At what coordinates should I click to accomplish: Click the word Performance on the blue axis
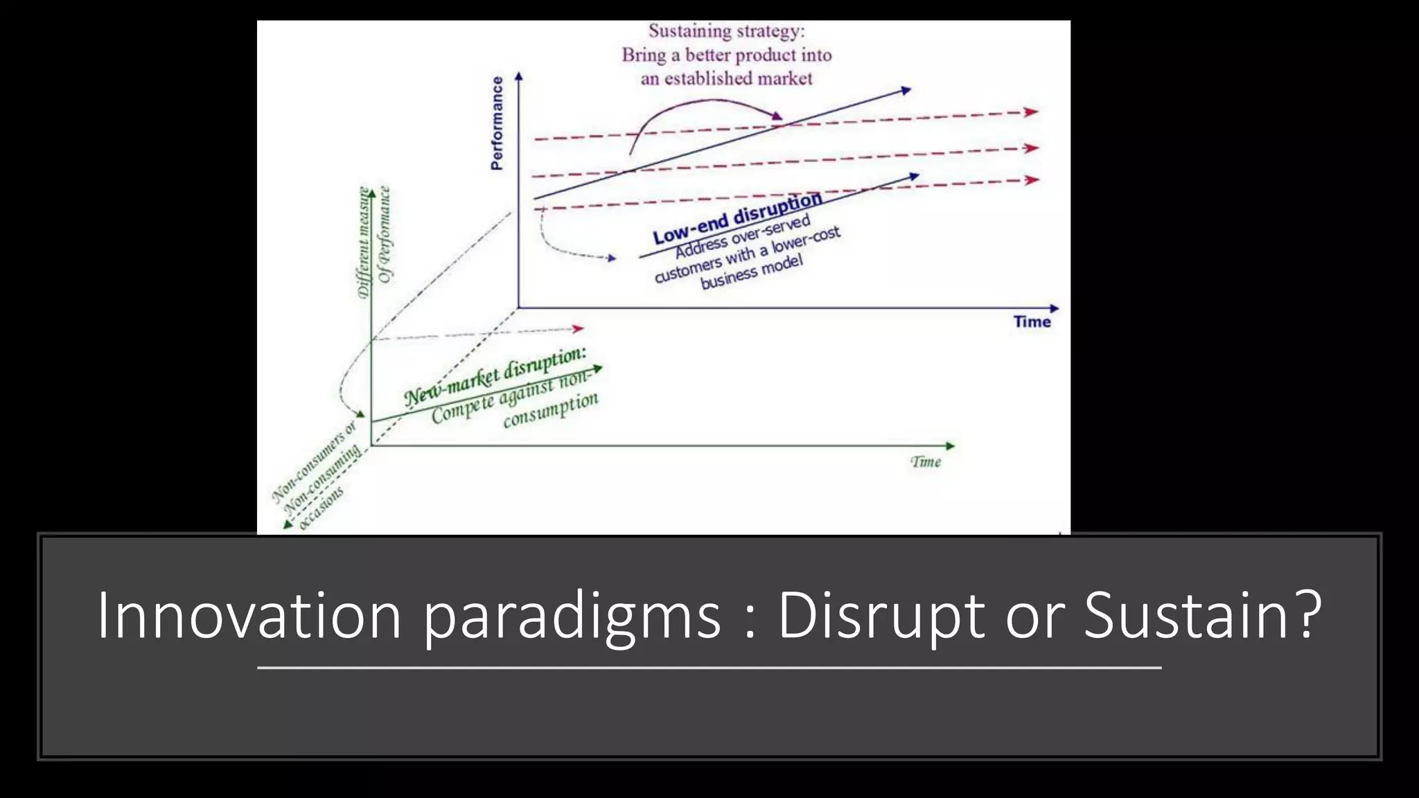point(497,123)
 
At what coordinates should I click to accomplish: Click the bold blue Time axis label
point(1032,321)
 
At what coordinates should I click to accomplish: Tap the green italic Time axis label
point(926,462)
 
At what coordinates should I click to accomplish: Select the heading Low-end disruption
point(737,218)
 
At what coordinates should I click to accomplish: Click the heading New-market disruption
point(495,376)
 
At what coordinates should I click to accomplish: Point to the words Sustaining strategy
point(726,31)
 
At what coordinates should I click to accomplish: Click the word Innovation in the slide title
point(249,614)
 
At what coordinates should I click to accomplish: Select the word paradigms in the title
point(572,614)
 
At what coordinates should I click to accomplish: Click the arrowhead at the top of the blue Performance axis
point(518,76)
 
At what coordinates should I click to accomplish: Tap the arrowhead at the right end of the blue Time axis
point(1055,308)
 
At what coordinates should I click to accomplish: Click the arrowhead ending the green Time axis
point(951,446)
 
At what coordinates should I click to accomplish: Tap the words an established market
point(726,78)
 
